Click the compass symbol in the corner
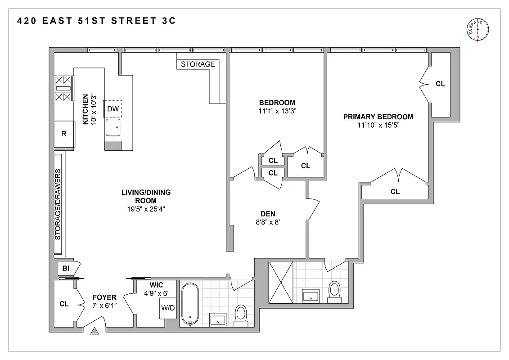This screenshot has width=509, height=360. click(478, 30)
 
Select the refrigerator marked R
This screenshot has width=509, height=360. click(64, 134)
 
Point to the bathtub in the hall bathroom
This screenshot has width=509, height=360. click(189, 304)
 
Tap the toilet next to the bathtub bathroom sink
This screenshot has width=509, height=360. click(241, 314)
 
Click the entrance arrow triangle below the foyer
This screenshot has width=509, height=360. click(95, 332)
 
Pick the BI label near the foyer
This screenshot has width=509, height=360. click(65, 269)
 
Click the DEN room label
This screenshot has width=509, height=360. click(268, 214)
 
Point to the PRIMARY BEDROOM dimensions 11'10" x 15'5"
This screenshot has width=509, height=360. click(378, 126)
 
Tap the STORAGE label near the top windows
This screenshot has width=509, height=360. click(198, 64)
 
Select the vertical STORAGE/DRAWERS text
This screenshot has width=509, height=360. click(58, 205)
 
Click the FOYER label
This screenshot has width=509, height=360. click(104, 297)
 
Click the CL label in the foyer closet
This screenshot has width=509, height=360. click(64, 304)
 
